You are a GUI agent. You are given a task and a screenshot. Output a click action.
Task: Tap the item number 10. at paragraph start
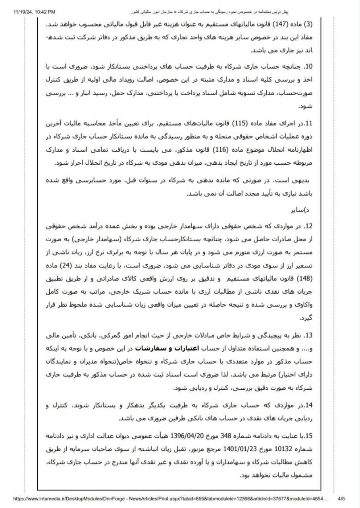point(309,65)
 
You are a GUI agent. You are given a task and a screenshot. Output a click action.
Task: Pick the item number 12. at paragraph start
point(308,227)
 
